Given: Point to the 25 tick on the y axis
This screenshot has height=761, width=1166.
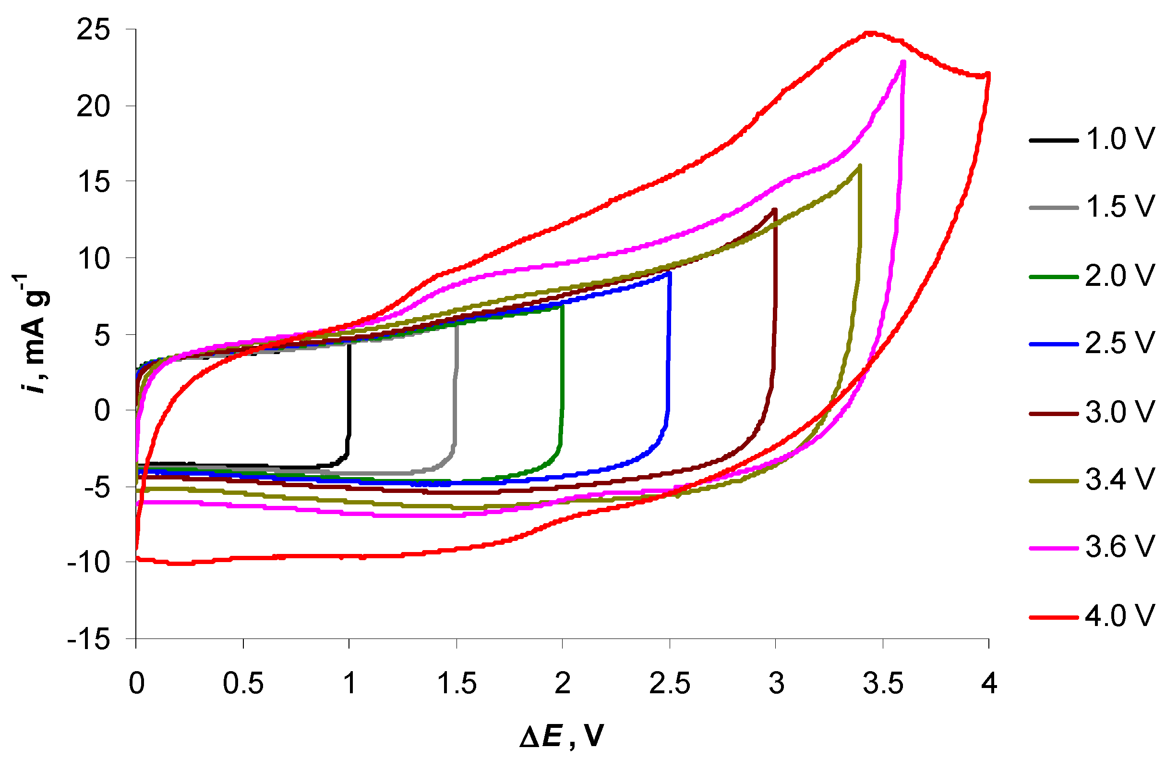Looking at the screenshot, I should pos(93,30).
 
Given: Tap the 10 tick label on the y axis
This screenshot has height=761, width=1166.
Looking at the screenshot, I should pos(93,259).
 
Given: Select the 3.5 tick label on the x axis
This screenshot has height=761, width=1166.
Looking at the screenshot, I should pos(883,684).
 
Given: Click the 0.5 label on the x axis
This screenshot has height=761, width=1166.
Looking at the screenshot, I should pos(243,684).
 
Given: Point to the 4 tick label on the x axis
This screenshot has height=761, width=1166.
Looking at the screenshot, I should pos(989,684).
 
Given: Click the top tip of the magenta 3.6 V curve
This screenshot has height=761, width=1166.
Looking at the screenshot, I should pos(903,62).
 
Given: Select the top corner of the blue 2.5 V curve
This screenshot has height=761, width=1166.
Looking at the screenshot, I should pos(669,273).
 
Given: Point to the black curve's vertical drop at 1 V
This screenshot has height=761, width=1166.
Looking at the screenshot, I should pos(349,392).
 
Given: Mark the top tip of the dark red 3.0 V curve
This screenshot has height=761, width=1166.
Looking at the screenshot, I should pos(775,210).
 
